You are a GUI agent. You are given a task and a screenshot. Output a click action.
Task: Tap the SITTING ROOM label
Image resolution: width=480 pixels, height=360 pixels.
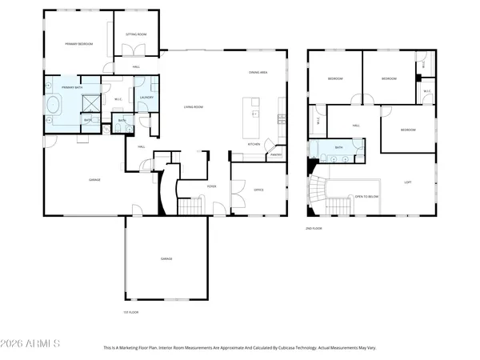pos(136,34)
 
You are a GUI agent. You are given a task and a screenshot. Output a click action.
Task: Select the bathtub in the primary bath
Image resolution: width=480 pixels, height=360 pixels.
pos(54,104)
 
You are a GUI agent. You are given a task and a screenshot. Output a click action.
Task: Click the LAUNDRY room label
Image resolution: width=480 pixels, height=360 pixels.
pos(146,98)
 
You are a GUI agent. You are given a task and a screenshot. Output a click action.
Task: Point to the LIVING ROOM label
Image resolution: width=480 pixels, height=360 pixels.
pos(193,106)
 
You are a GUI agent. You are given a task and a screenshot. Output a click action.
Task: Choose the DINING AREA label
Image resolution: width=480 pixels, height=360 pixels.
pos(257,73)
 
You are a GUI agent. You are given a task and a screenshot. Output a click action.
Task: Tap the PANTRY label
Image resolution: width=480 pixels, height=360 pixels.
pos(276,154)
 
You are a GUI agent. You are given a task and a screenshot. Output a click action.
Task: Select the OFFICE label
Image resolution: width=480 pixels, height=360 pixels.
pos(258,190)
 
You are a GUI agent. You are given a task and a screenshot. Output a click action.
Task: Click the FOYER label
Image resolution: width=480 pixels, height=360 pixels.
pos(212,186)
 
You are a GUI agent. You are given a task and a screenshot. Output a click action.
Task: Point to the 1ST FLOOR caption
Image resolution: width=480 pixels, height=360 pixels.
pos(126,312)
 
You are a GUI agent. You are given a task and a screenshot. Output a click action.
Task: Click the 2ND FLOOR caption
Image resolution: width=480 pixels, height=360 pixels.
pos(313,229)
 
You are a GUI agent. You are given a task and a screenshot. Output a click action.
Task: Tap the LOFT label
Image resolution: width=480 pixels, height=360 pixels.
pos(407,182)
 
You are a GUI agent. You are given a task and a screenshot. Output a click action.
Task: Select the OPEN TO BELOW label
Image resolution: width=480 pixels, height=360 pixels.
pos(366,195)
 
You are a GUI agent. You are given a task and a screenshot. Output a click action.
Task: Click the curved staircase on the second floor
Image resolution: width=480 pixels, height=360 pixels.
pos(317,195)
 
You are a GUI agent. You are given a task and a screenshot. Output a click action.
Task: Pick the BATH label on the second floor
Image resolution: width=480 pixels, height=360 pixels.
pos(338,148)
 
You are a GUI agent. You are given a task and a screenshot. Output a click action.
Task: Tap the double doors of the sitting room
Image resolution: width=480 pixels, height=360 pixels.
pos(126,54)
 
